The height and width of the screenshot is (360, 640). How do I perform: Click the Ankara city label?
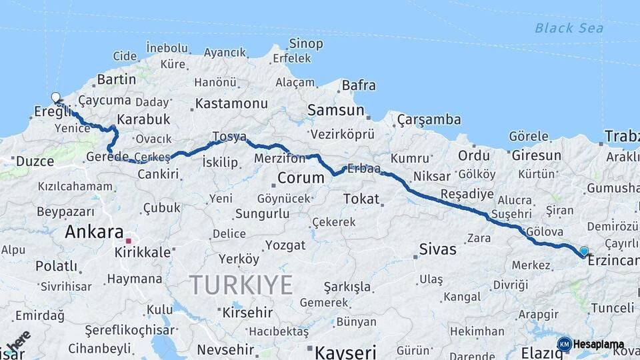click(94, 233)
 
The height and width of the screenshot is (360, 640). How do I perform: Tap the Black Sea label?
click(569, 28)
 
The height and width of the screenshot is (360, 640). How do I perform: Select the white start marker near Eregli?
click(55, 98)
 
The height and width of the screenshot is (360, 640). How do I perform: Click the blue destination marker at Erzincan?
click(584, 251)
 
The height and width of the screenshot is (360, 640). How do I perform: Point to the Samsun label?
click(335, 110)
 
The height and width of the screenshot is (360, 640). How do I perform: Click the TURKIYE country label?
click(241, 285)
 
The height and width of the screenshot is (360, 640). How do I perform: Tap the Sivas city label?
click(437, 250)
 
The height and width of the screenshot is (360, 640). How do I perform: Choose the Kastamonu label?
click(231, 104)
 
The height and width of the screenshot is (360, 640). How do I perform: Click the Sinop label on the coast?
click(305, 44)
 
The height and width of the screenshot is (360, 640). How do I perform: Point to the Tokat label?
click(361, 199)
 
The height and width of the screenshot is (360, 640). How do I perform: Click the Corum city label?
click(300, 179)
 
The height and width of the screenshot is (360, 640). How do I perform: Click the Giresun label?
click(537, 155)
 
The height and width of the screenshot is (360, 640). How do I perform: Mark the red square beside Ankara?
click(129, 240)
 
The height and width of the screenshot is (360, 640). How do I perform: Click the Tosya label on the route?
click(229, 137)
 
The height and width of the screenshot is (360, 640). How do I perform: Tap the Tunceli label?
click(612, 308)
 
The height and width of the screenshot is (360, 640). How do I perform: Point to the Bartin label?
click(116, 79)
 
